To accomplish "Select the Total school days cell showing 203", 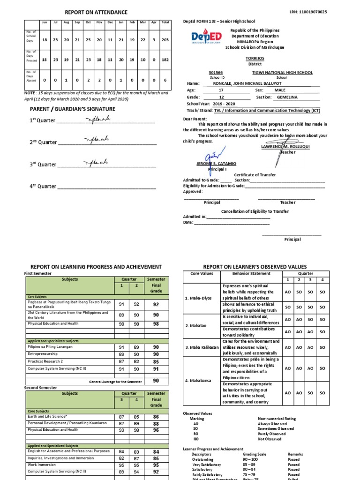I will coord(165,40).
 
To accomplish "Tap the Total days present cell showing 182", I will coord(165,60).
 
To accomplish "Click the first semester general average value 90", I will coord(156,381).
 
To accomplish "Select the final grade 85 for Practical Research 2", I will coord(156,361).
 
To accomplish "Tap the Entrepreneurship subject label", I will coord(44,354).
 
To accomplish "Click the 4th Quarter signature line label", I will coord(43,186).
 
